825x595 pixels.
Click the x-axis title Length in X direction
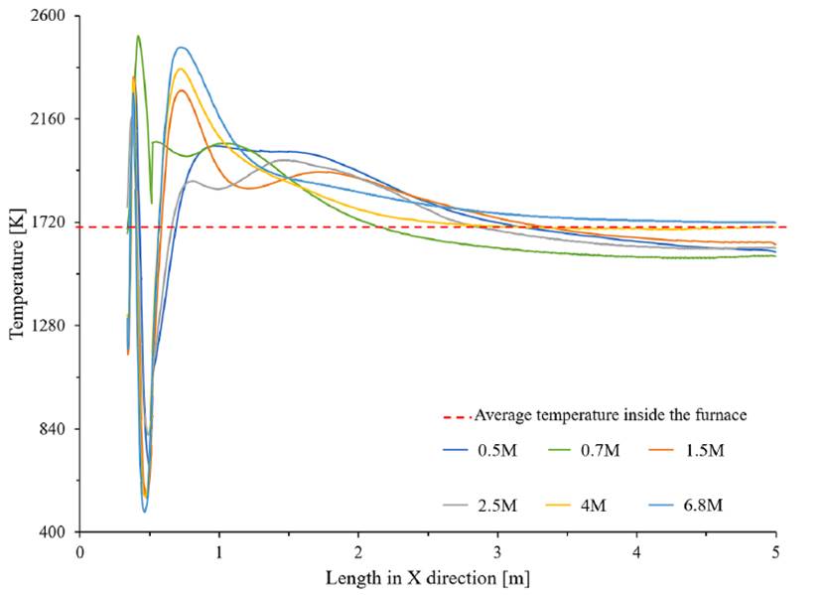coord(427,576)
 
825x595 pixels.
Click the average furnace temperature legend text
coord(611,415)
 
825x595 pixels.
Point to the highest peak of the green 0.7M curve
coord(138,36)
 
